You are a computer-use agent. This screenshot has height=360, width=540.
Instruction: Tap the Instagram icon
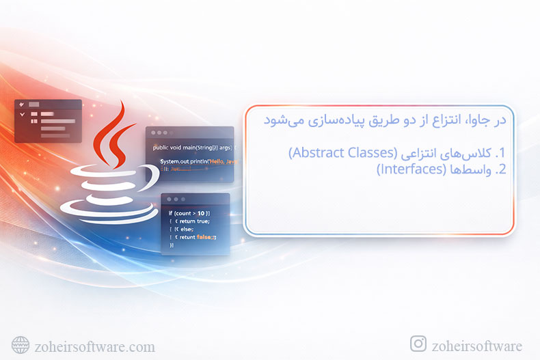[x=418, y=344]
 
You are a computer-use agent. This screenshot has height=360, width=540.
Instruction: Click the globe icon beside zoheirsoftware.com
[x=21, y=345]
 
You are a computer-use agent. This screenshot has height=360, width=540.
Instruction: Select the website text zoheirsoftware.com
[x=94, y=346]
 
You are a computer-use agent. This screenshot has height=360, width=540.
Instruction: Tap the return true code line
[x=193, y=221]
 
